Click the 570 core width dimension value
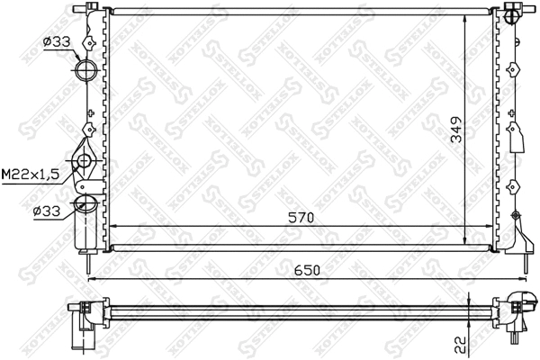302,215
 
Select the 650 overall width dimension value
303,269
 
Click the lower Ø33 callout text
47,212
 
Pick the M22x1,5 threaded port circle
85,162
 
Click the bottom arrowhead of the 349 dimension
464,243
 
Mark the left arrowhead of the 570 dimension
112,226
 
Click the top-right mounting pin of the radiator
512,12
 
